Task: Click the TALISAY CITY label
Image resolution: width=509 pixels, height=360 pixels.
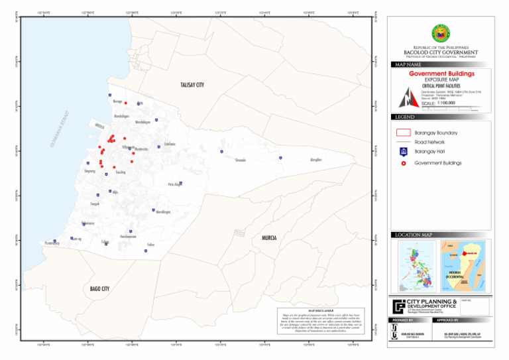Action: point(192,85)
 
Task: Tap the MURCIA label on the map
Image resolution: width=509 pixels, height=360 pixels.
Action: point(269,237)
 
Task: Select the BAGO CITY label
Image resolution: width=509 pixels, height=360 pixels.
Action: point(99,289)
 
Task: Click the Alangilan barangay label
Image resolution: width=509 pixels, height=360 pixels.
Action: point(316,160)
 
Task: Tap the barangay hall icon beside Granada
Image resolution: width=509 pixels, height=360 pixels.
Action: point(221,152)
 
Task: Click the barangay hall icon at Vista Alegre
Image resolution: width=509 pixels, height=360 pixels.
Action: point(180,183)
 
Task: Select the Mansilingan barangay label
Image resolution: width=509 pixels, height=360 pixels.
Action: point(163,211)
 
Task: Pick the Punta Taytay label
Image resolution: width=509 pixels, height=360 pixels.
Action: point(52,244)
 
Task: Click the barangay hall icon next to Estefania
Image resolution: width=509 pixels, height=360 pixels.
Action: point(159,147)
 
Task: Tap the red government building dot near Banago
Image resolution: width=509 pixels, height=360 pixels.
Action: point(125,103)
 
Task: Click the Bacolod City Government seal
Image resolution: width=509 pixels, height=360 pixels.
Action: point(440,34)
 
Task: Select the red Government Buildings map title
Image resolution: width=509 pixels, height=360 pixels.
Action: point(441,74)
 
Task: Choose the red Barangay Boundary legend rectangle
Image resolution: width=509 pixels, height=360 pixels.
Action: point(403,133)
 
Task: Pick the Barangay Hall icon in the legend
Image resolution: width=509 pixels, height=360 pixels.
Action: point(403,152)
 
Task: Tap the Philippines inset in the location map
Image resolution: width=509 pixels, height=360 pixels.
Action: point(416,265)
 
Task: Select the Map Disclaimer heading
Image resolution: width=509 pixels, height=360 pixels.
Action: point(320,310)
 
